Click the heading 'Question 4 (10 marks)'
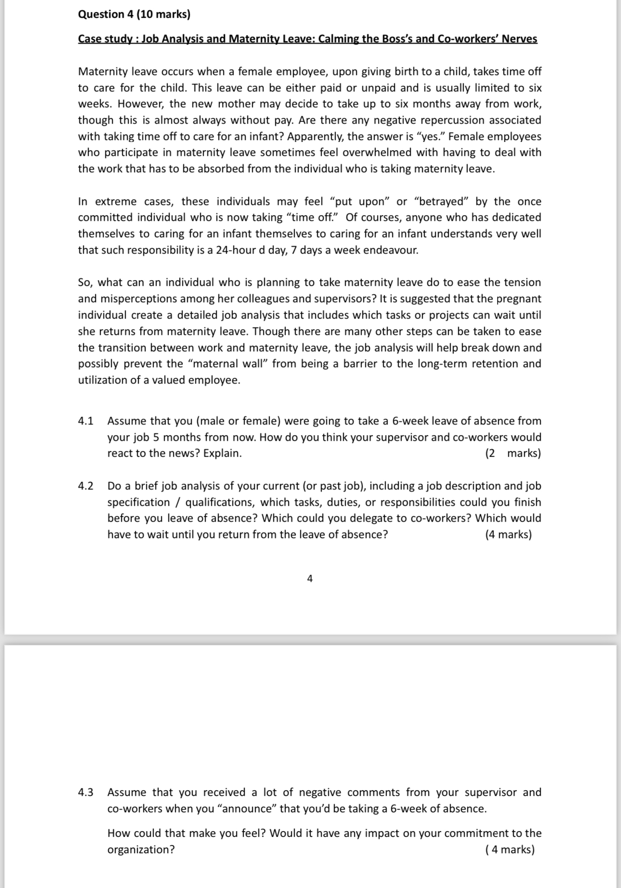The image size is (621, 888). tap(134, 14)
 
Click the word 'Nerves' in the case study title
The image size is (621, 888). tap(519, 39)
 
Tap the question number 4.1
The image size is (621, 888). tap(86, 421)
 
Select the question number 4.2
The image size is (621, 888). tap(86, 486)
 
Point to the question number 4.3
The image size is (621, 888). tap(86, 792)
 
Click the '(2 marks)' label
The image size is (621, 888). tap(513, 453)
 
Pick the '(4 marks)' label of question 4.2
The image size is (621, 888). tap(508, 535)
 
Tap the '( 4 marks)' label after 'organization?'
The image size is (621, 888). tap(510, 849)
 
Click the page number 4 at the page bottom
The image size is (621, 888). tap(310, 579)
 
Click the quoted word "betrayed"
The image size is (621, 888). tap(441, 202)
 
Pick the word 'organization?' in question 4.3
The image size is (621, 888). tap(141, 849)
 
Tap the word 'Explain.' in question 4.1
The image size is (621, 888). tap(222, 453)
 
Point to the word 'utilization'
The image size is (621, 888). tap(107, 380)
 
